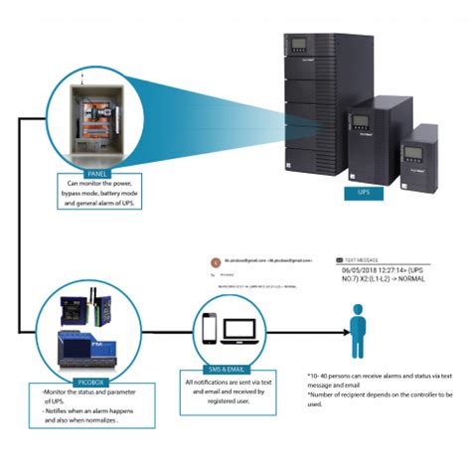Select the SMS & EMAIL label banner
(x=230, y=368)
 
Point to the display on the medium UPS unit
(x=361, y=124)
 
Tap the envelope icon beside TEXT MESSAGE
(x=339, y=256)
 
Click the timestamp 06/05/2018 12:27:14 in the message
(x=375, y=267)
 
